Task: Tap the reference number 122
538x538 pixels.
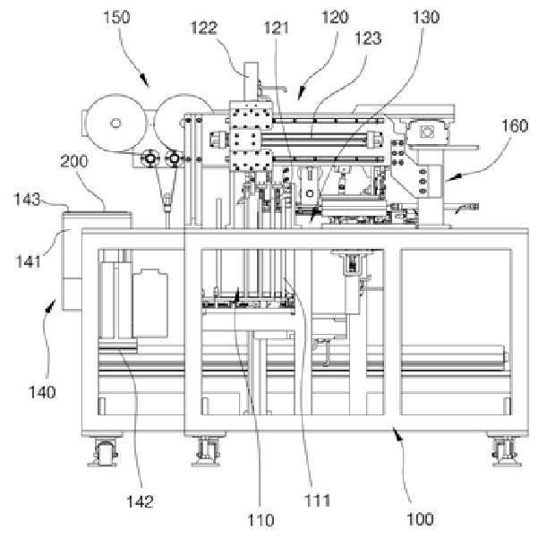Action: [x=205, y=29]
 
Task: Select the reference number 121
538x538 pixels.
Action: [x=276, y=29]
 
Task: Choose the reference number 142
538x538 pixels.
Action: [x=140, y=500]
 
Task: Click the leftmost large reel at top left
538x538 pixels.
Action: [x=114, y=122]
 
